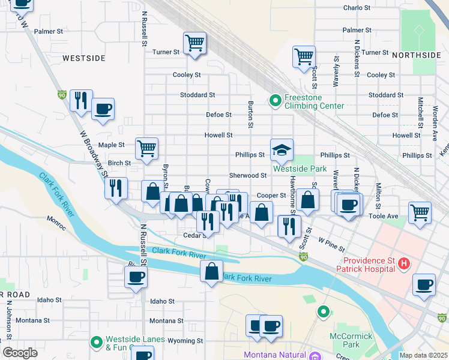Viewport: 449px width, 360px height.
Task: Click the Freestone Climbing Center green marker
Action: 276,101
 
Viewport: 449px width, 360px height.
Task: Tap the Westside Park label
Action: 300,169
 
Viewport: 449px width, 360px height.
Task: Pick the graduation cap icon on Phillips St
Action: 282,150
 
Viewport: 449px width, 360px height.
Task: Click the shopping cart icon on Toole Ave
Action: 420,212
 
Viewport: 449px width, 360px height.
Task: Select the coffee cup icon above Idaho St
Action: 136,277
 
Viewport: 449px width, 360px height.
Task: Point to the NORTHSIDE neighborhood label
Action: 416,55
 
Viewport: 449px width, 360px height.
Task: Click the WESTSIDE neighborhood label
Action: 84,58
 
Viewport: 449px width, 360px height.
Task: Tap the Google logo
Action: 20,353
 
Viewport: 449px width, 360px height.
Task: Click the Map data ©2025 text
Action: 423,355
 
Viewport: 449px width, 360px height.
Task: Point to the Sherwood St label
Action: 248,175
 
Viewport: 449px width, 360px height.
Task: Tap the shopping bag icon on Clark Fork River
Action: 211,271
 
